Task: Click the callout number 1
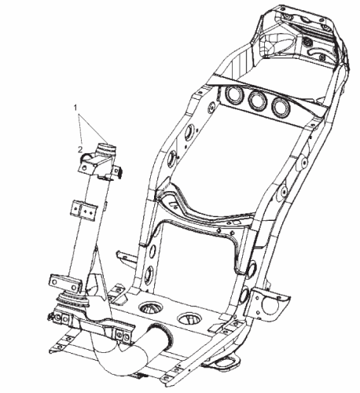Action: point(75,108)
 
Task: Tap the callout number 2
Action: point(80,149)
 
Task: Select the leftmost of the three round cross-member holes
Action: point(233,94)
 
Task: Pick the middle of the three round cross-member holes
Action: point(257,100)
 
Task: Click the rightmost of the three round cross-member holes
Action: point(281,106)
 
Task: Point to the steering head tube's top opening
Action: point(107,145)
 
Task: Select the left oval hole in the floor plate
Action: point(151,307)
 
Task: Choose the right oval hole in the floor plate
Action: point(189,319)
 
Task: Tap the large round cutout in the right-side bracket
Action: point(270,305)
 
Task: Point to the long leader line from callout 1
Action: point(92,127)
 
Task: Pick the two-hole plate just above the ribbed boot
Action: point(65,283)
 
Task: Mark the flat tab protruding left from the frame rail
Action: point(126,256)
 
